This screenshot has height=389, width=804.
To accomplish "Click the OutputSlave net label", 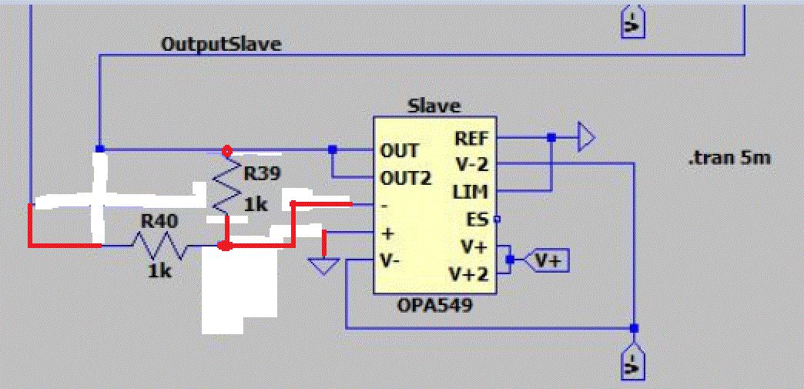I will pos(221,44).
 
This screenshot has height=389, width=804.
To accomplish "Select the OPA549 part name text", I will pos(435,306).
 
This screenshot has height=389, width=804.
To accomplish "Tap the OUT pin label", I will pos(400,150).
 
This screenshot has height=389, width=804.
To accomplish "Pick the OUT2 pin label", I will pos(405,178).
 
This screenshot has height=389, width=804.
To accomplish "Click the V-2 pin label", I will pos(471,164).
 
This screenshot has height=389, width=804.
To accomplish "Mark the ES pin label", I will pos(478,220).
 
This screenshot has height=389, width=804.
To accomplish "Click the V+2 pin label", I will pos(468,274).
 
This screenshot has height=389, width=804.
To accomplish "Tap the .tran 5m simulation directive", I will pos(729,159).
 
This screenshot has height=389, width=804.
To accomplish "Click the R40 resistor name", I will pos(159,222).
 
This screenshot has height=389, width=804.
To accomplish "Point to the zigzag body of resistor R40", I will pos(159,246).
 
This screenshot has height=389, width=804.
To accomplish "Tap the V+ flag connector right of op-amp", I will pos(547,261).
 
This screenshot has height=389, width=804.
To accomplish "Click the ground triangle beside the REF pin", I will pos(586,139).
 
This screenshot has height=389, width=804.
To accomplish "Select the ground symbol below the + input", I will pos(323,267).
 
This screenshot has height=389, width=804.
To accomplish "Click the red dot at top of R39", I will pos(226,149).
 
